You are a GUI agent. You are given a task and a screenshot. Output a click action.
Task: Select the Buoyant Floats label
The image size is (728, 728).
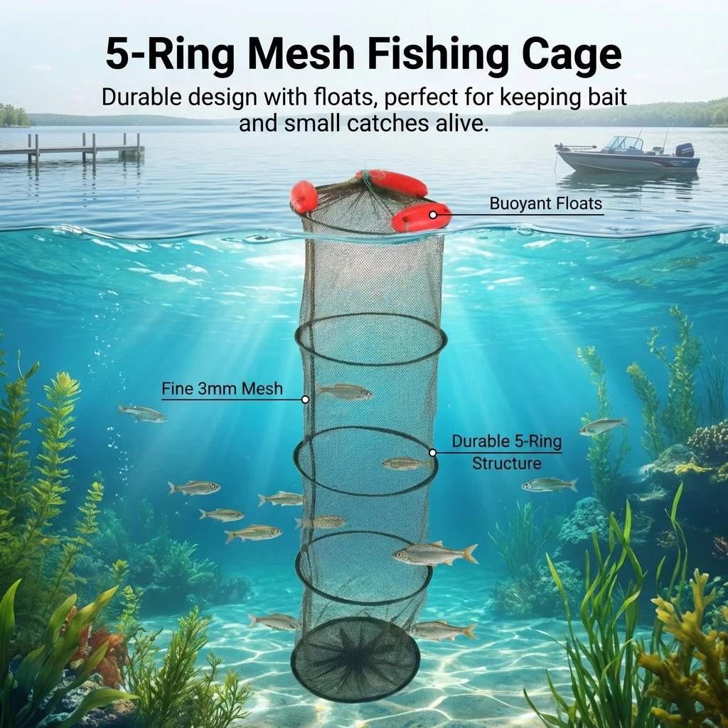[x=545, y=203]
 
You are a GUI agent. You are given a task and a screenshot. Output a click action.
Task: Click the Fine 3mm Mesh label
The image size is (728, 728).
[x=222, y=389]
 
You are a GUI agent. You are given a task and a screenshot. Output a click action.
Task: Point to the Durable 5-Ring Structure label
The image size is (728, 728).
[x=506, y=452]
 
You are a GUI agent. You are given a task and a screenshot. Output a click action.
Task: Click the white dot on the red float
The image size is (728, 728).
[x=433, y=215]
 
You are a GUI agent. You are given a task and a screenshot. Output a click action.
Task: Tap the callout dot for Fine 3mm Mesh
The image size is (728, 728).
[x=305, y=400]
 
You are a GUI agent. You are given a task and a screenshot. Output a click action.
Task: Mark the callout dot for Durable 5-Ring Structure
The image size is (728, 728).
[x=432, y=453]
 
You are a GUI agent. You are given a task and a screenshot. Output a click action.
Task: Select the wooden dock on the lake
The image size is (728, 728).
[x=72, y=149]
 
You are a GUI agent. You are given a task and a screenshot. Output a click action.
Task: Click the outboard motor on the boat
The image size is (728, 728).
[x=685, y=151]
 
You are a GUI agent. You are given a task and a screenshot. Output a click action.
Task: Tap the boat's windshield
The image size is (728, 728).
[x=623, y=143]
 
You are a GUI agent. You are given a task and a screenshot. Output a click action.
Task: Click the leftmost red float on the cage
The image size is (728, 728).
[x=304, y=196]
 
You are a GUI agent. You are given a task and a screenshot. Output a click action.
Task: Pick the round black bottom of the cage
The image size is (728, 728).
[x=355, y=653]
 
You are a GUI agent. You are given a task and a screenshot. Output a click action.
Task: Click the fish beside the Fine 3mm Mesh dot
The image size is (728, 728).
[x=345, y=392]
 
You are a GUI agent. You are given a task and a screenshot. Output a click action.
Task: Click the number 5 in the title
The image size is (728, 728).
[x=117, y=55]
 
